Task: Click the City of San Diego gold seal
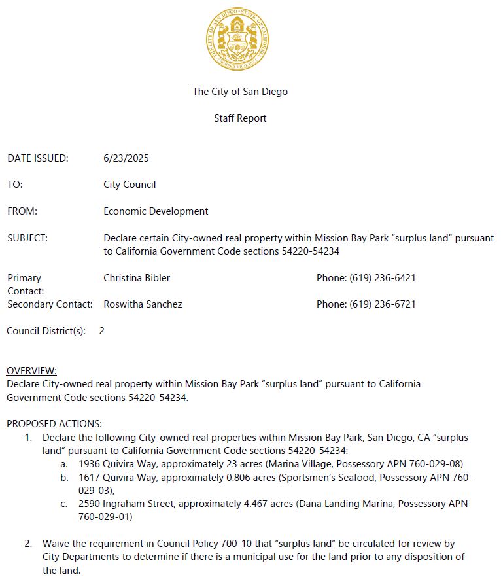[237, 41]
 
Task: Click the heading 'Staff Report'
[240, 118]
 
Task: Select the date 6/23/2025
[126, 158]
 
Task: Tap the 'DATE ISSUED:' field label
[38, 158]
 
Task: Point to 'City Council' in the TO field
[130, 185]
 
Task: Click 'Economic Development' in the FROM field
[156, 211]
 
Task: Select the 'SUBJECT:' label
[27, 238]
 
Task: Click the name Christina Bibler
[137, 278]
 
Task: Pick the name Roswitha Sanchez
[143, 304]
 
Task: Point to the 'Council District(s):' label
[46, 331]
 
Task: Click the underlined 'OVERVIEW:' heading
[31, 371]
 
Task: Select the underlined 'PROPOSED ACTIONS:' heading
[54, 424]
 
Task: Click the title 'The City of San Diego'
[240, 92]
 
